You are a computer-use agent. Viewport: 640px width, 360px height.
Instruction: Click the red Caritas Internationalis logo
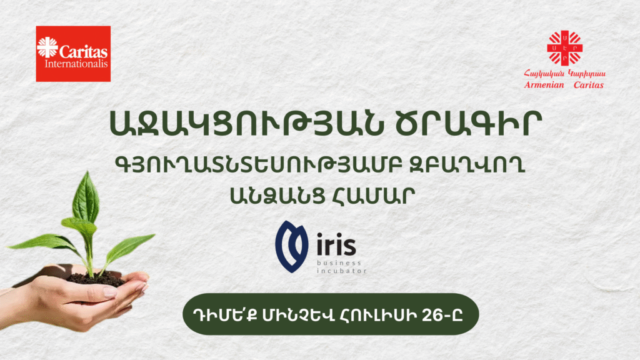pyautogui.click(x=73, y=54)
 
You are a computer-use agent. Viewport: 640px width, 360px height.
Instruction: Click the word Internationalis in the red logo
pyautogui.click(x=76, y=64)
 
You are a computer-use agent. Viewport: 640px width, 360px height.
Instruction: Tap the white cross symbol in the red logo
pyautogui.click(x=47, y=47)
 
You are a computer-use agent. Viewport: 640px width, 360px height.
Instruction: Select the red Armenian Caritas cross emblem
pyautogui.click(x=564, y=47)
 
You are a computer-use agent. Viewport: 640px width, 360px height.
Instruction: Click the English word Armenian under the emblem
pyautogui.click(x=544, y=85)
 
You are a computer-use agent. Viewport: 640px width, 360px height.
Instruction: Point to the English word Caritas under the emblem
pyautogui.click(x=589, y=85)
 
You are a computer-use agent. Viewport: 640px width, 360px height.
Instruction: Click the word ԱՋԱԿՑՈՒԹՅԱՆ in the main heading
pyautogui.click(x=246, y=123)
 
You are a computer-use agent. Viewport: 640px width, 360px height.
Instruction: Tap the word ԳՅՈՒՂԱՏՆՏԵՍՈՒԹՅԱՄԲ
pyautogui.click(x=257, y=165)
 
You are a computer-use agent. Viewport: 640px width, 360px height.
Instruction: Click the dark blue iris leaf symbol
pyautogui.click(x=291, y=246)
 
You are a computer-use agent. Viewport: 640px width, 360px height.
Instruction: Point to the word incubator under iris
pyautogui.click(x=342, y=271)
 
